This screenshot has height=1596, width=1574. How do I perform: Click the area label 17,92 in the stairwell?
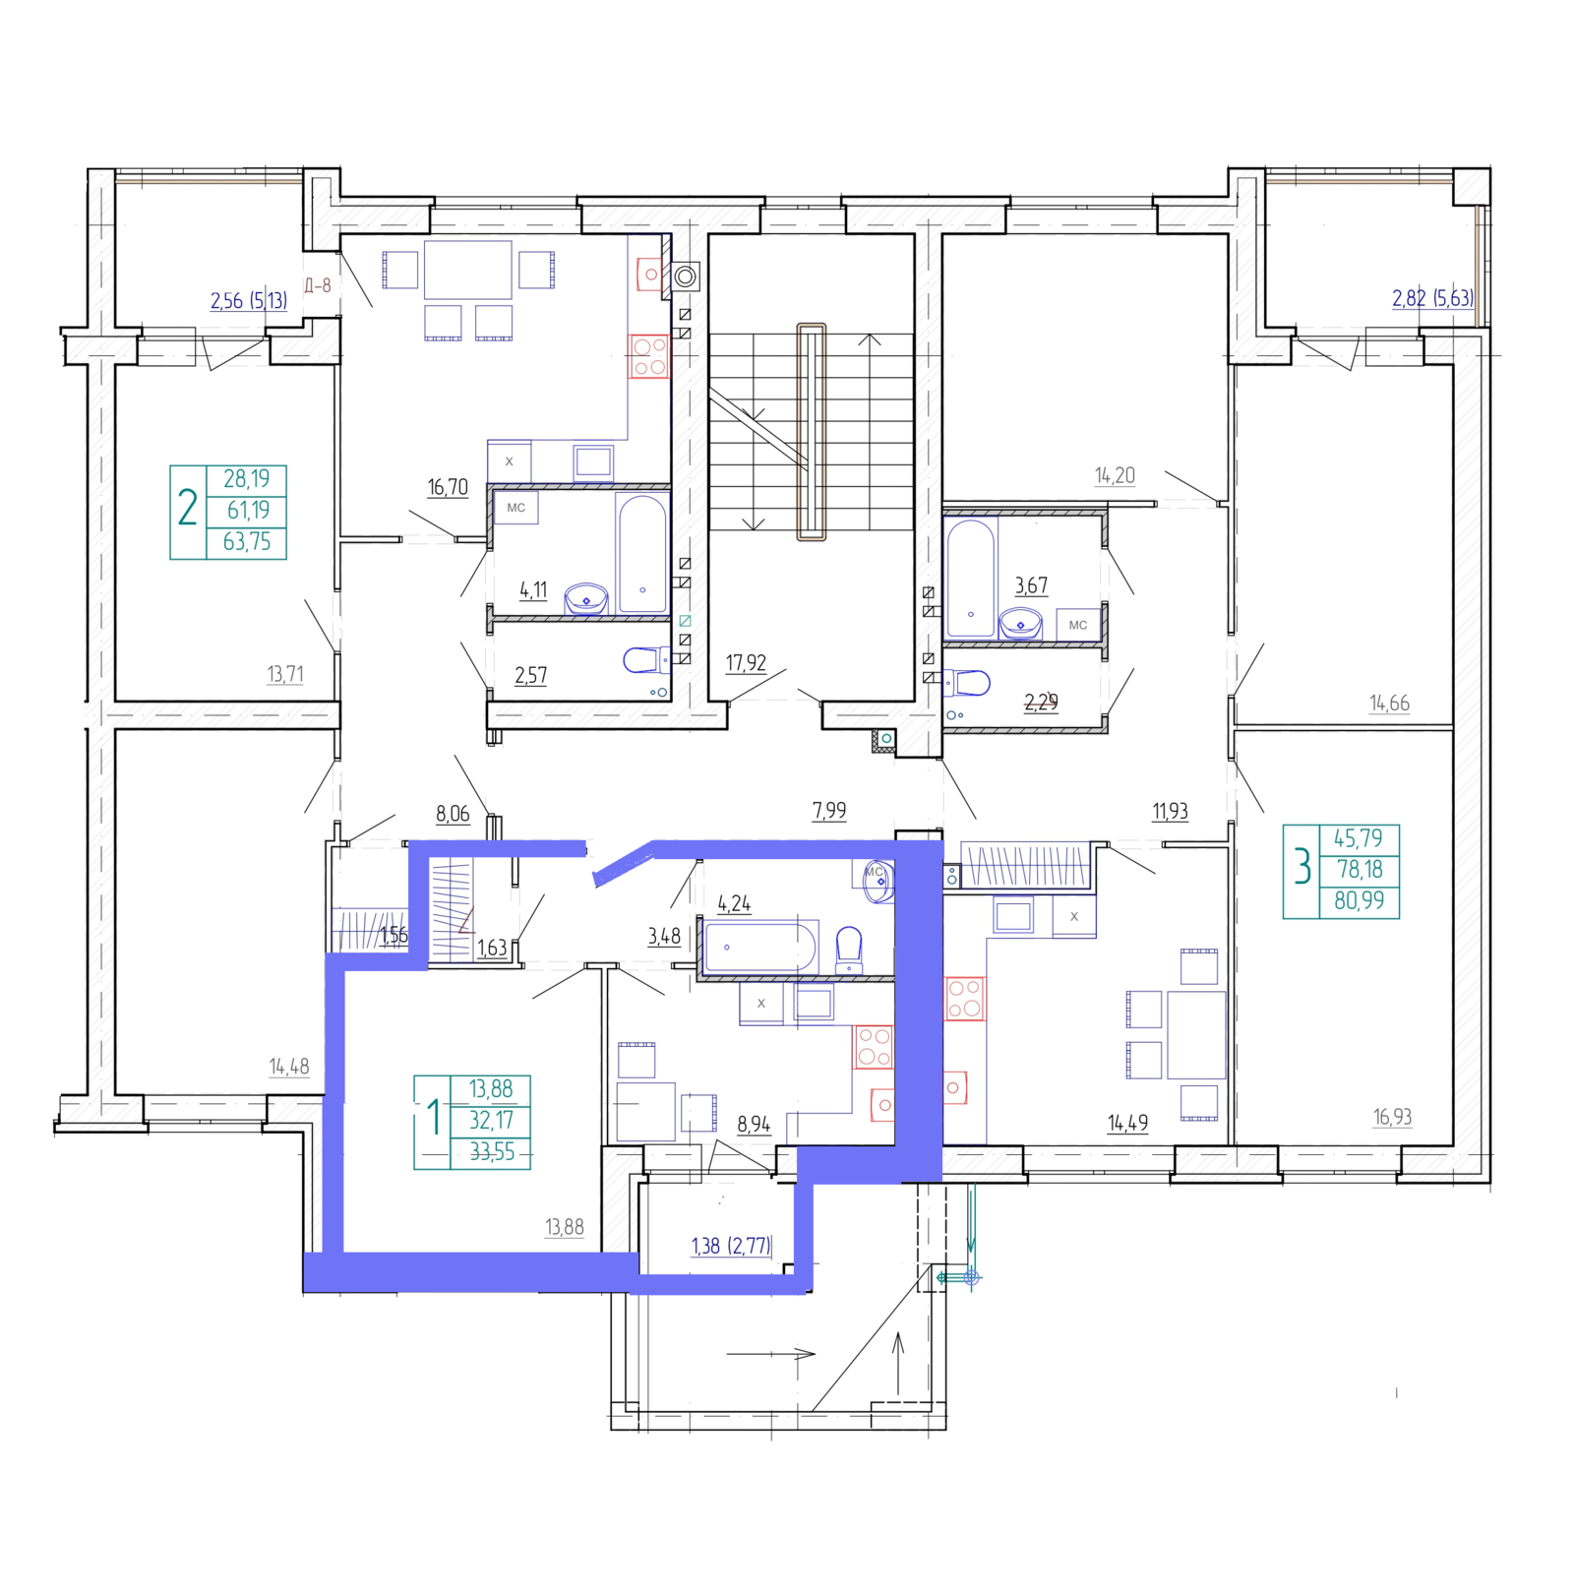pos(746,663)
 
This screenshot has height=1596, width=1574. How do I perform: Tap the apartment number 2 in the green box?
pos(187,509)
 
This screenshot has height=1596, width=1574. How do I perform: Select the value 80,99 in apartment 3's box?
pos(1359,900)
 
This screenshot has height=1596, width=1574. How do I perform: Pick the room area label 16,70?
pos(448,487)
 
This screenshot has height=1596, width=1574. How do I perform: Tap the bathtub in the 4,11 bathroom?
pos(643,553)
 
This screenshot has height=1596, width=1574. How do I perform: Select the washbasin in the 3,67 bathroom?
pos(1020,623)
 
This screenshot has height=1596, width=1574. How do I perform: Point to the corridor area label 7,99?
pos(829,811)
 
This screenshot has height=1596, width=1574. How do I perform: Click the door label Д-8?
pos(317,286)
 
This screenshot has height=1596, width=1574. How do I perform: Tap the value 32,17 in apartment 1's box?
pos(491,1121)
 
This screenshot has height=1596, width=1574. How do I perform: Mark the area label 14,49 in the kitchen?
pos(1127,1123)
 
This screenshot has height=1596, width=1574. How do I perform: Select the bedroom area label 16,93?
pos(1392,1117)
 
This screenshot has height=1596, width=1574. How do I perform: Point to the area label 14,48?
pos(289,1067)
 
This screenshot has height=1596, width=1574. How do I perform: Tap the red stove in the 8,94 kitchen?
pos(872,1047)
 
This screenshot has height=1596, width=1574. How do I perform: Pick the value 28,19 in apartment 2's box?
pos(246,479)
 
